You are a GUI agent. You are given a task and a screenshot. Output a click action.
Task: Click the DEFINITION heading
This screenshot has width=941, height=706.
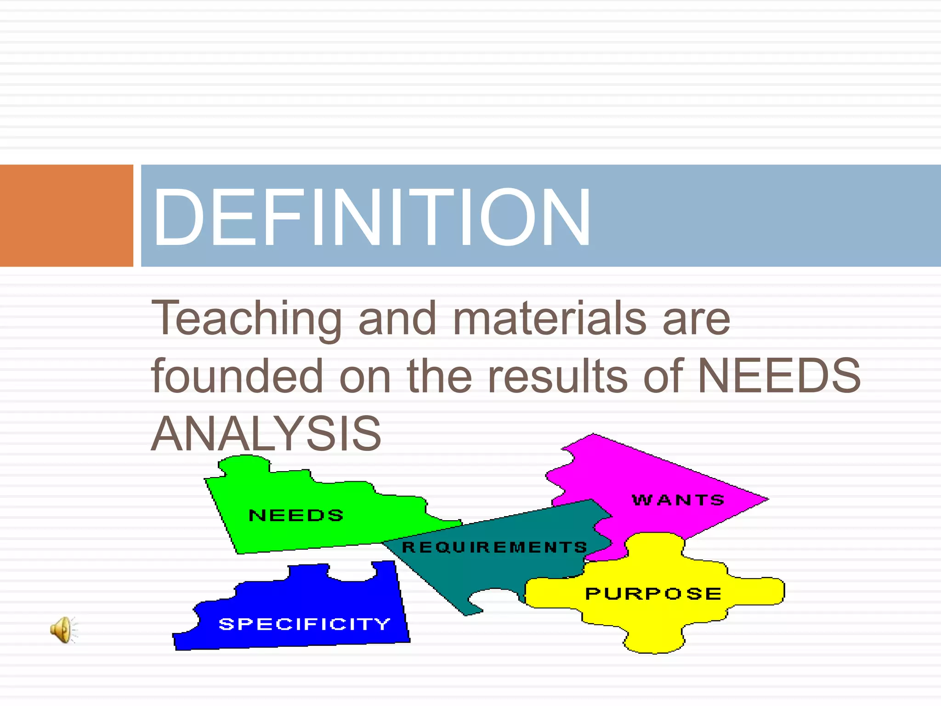[371, 217]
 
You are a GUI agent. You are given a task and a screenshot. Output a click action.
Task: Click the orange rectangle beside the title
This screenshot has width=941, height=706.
[66, 216]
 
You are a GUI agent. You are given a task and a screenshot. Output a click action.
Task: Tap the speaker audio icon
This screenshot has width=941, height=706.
[63, 630]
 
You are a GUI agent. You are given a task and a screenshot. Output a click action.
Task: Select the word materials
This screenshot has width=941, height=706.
[550, 318]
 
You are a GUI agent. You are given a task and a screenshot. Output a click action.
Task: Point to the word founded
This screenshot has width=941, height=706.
[237, 376]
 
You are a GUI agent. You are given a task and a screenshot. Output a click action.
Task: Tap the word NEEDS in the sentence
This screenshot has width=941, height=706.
[779, 376]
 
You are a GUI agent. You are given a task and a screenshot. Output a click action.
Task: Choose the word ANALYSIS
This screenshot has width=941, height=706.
[266, 434]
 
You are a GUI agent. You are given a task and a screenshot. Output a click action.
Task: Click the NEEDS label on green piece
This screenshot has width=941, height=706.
[296, 515]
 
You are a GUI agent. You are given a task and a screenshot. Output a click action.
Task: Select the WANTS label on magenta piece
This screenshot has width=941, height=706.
[678, 500]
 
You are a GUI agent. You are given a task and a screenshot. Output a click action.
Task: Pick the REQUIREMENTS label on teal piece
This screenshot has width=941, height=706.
[494, 547]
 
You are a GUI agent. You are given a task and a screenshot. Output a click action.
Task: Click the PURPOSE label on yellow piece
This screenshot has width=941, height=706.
[653, 593]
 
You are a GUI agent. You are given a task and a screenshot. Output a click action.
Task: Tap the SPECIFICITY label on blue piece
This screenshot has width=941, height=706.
[304, 624]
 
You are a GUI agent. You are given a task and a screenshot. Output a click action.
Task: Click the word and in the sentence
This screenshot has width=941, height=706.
[397, 318]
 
